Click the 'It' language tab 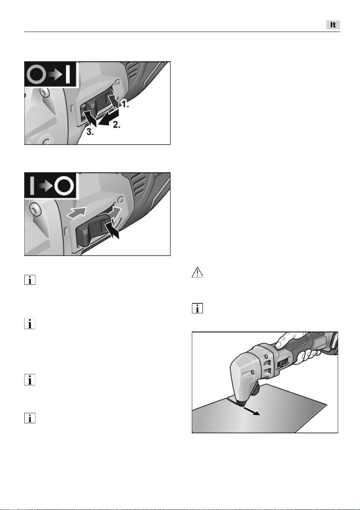click(333, 25)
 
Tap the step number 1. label click(124, 104)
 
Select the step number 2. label click(116, 125)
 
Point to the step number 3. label click(90, 132)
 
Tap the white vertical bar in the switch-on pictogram click(68, 74)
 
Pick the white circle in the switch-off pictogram click(64, 187)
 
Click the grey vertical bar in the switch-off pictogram click(32, 186)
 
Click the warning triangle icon click(197, 272)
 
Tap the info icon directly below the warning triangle click(197, 308)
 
